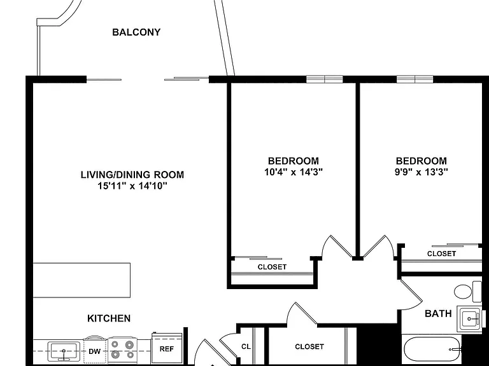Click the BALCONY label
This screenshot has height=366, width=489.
click(136, 32)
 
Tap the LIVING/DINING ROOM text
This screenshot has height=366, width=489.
click(132, 174)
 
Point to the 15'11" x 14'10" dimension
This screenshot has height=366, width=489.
click(132, 186)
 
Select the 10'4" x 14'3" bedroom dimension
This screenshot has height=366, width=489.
click(294, 172)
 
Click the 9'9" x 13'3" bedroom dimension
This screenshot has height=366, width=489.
click(422, 172)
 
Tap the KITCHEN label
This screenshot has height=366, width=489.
click(109, 318)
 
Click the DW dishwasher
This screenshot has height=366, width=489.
click(95, 350)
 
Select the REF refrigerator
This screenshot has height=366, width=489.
click(167, 348)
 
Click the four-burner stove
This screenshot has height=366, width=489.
click(123, 349)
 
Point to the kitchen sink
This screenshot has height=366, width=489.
click(64, 351)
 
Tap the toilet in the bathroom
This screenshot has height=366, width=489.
click(467, 292)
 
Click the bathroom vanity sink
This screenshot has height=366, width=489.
click(470, 318)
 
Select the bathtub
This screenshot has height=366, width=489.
click(432, 349)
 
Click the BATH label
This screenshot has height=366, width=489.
click(438, 314)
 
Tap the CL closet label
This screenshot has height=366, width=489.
click(246, 346)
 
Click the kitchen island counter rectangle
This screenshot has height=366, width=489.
click(81, 280)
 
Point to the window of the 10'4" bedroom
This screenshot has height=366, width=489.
click(324, 79)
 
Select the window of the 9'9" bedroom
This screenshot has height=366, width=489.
click(415, 79)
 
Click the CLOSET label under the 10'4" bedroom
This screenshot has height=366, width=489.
click(272, 267)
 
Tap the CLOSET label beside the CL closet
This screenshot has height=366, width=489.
click(309, 346)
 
